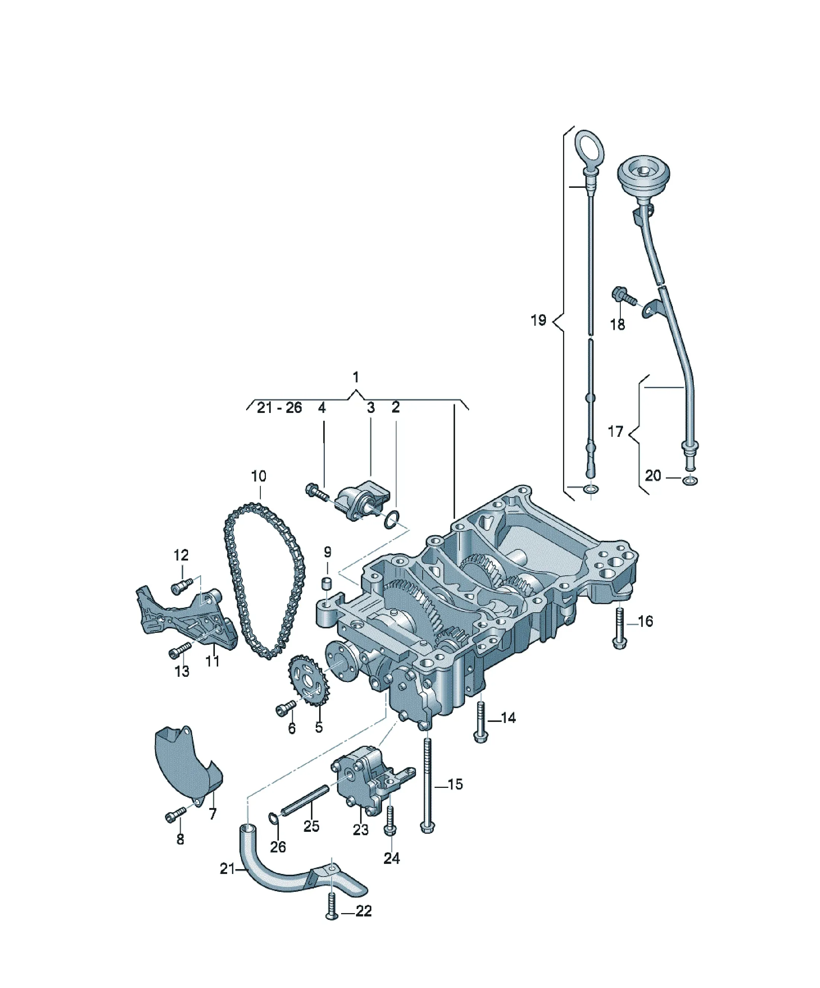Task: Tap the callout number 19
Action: tap(538, 321)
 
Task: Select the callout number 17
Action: tap(616, 432)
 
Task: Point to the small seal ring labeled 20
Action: tap(690, 481)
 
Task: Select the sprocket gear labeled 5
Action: tap(310, 687)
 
